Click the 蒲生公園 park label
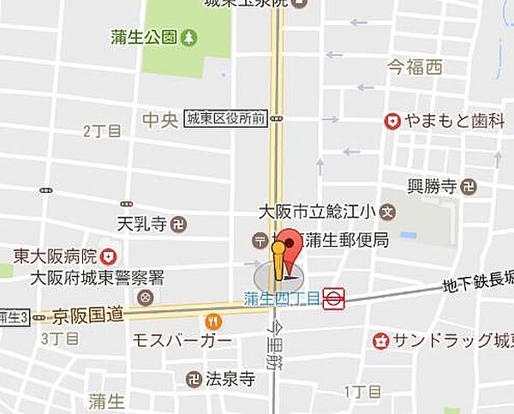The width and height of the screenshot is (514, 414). [143, 37]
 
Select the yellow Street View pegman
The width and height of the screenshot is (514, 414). [278, 261]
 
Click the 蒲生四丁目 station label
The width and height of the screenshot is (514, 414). [281, 298]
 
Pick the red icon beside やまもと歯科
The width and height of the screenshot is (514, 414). [392, 122]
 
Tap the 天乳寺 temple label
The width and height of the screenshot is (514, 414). [140, 225]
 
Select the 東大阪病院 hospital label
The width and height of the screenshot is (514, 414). [54, 255]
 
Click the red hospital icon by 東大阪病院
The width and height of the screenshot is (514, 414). [109, 255]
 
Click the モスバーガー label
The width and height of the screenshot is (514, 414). [182, 341]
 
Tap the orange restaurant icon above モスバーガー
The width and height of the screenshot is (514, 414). [213, 322]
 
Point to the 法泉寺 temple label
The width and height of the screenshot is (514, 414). [230, 377]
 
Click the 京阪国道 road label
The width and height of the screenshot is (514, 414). [88, 315]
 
